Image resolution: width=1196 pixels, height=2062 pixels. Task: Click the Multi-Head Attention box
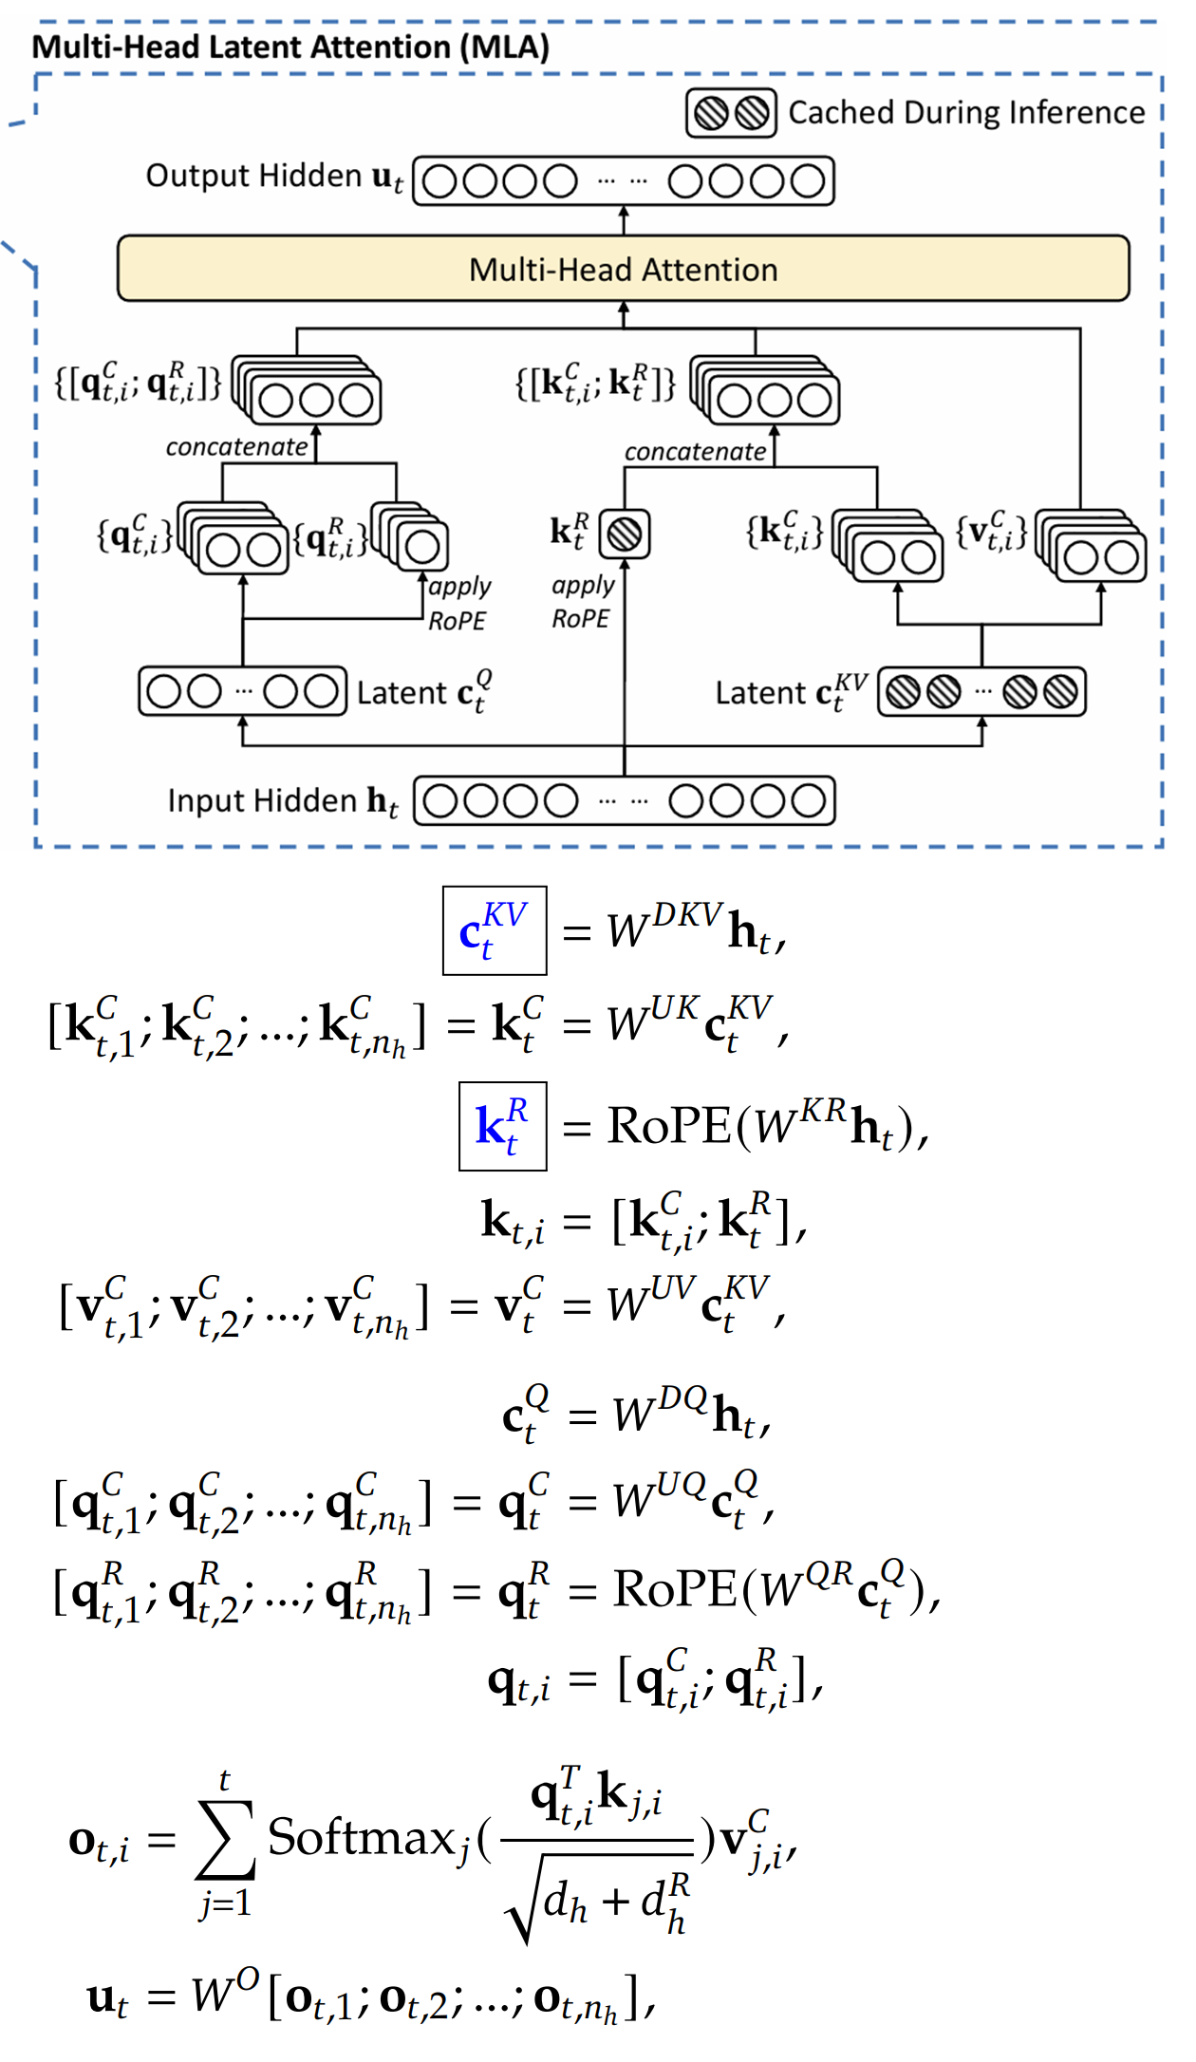pyautogui.click(x=623, y=269)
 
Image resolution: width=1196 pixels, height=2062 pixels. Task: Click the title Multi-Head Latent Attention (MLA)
pyautogui.click(x=290, y=47)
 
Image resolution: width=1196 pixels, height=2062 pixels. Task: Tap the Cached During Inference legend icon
pyautogui.click(x=731, y=113)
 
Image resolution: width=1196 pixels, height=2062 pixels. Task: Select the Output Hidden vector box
pyautogui.click(x=624, y=180)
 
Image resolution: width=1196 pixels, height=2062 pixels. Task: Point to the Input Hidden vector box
pyautogui.click(x=624, y=800)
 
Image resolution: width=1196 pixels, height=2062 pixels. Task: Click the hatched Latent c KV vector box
pyautogui.click(x=981, y=691)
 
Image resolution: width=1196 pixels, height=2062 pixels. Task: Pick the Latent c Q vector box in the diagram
pyautogui.click(x=242, y=691)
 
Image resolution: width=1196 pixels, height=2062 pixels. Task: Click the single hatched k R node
pyautogui.click(x=625, y=534)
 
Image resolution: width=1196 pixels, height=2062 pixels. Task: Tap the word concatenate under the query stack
pyautogui.click(x=236, y=447)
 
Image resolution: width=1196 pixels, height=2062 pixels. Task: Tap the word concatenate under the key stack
pyautogui.click(x=695, y=452)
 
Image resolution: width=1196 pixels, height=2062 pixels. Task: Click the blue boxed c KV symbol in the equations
pyautogui.click(x=495, y=930)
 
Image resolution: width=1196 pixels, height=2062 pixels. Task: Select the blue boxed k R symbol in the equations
pyautogui.click(x=502, y=1126)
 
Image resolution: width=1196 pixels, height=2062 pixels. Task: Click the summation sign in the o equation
pyautogui.click(x=225, y=1840)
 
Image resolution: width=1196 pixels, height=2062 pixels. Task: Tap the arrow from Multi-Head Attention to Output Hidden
pyautogui.click(x=624, y=220)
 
